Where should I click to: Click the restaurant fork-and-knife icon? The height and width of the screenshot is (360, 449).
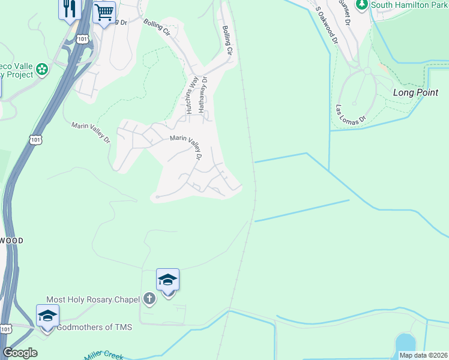coord(70,8)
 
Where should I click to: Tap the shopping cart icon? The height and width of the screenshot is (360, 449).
coord(104,11)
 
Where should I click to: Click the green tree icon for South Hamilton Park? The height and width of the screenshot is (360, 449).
coord(361,5)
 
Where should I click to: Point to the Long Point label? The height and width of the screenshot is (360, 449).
coord(415,92)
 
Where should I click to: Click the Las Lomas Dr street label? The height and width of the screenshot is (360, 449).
coord(351,115)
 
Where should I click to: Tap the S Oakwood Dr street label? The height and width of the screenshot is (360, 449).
coord(328,26)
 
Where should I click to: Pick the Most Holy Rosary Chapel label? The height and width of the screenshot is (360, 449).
coord(93,299)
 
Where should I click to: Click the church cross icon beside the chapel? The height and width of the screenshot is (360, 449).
coord(149,299)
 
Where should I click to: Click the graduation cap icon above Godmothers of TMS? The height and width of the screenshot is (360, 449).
coord(47,316)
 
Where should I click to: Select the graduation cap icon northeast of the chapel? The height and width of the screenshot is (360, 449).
coord(167,280)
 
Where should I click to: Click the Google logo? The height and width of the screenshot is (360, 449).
coord(20,353)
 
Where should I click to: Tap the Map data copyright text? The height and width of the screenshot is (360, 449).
coord(423,355)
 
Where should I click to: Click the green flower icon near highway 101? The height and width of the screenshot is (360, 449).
coord(42,69)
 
